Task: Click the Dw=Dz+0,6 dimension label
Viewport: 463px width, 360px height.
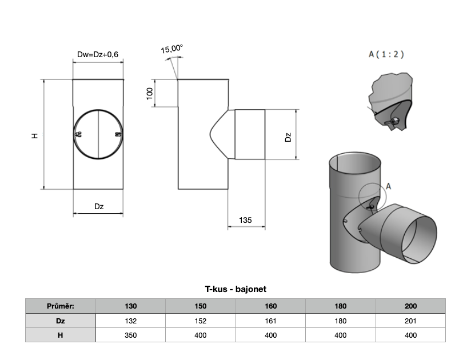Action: (x=98, y=55)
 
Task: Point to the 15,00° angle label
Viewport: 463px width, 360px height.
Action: (x=171, y=50)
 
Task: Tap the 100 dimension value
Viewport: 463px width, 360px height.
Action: (x=150, y=94)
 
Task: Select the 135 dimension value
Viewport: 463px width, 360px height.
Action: (x=246, y=220)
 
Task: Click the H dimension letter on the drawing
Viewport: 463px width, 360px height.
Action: (x=35, y=135)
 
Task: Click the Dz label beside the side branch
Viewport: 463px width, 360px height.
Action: (x=288, y=137)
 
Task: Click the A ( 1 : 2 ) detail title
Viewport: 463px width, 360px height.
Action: (x=386, y=55)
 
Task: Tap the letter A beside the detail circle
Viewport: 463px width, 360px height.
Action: (x=389, y=186)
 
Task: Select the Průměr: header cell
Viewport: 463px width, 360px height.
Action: (x=60, y=306)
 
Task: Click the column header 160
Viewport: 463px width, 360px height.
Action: (x=271, y=306)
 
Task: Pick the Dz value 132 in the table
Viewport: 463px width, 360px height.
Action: (x=130, y=321)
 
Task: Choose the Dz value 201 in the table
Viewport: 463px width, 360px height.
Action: (x=410, y=321)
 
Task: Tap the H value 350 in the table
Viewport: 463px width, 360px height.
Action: (x=130, y=335)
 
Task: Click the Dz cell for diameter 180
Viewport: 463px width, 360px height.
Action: (x=341, y=321)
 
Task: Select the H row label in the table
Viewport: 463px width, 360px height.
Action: (x=60, y=335)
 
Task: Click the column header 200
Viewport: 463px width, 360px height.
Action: (x=410, y=306)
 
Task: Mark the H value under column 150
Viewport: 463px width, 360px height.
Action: (x=201, y=335)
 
